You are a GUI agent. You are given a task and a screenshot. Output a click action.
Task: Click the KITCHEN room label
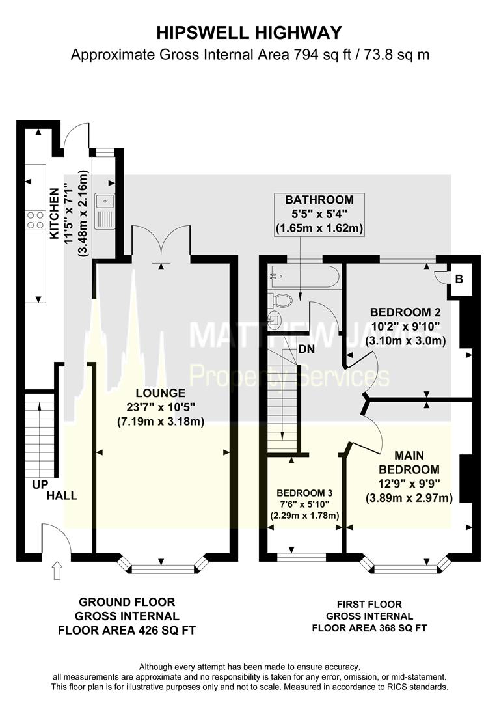click(55, 213)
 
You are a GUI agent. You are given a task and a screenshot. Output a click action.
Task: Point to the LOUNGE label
click(161, 393)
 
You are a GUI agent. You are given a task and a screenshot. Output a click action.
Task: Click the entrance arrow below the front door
click(57, 570)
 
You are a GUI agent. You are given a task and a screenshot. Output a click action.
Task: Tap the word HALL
click(62, 496)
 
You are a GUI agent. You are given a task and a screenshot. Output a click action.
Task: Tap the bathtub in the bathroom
click(304, 278)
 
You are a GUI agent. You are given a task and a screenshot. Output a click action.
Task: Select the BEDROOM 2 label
click(401, 311)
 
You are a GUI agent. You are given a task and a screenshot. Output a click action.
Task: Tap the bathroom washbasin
click(273, 320)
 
